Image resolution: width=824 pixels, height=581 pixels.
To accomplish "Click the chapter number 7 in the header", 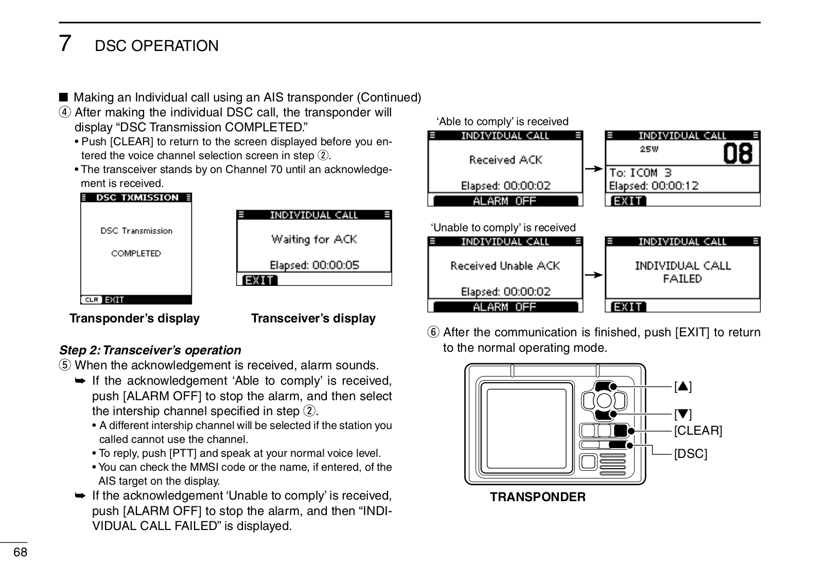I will tap(65, 43).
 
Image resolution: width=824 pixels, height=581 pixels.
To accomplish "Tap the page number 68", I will tap(20, 553).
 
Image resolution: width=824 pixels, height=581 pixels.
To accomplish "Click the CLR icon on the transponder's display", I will tap(92, 299).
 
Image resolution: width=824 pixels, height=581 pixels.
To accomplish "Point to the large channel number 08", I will tap(738, 153).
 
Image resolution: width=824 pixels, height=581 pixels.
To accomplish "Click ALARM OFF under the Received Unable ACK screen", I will tap(504, 307).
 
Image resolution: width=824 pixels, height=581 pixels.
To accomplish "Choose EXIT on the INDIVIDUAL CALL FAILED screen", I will tap(628, 307).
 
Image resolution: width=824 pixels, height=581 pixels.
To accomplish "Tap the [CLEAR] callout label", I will tap(698, 431).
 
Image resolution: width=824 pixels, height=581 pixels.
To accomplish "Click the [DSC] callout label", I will tap(691, 454).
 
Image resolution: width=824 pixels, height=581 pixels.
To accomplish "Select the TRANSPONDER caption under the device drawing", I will tap(538, 497).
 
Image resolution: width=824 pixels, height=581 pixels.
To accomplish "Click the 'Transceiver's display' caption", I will tap(313, 318).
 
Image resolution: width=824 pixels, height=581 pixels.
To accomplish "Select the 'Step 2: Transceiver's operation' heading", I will tap(150, 350).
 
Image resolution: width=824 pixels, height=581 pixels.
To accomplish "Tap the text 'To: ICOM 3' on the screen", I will tap(641, 173).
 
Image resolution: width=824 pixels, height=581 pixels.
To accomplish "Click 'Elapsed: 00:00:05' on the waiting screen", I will tap(314, 265).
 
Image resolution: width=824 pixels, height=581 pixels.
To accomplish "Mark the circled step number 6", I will tap(433, 332).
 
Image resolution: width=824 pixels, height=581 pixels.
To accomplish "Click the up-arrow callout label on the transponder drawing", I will tap(683, 386).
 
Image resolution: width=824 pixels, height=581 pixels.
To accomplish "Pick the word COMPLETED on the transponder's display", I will tap(136, 253).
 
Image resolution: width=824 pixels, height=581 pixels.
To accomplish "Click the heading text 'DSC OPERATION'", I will tap(157, 46).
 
